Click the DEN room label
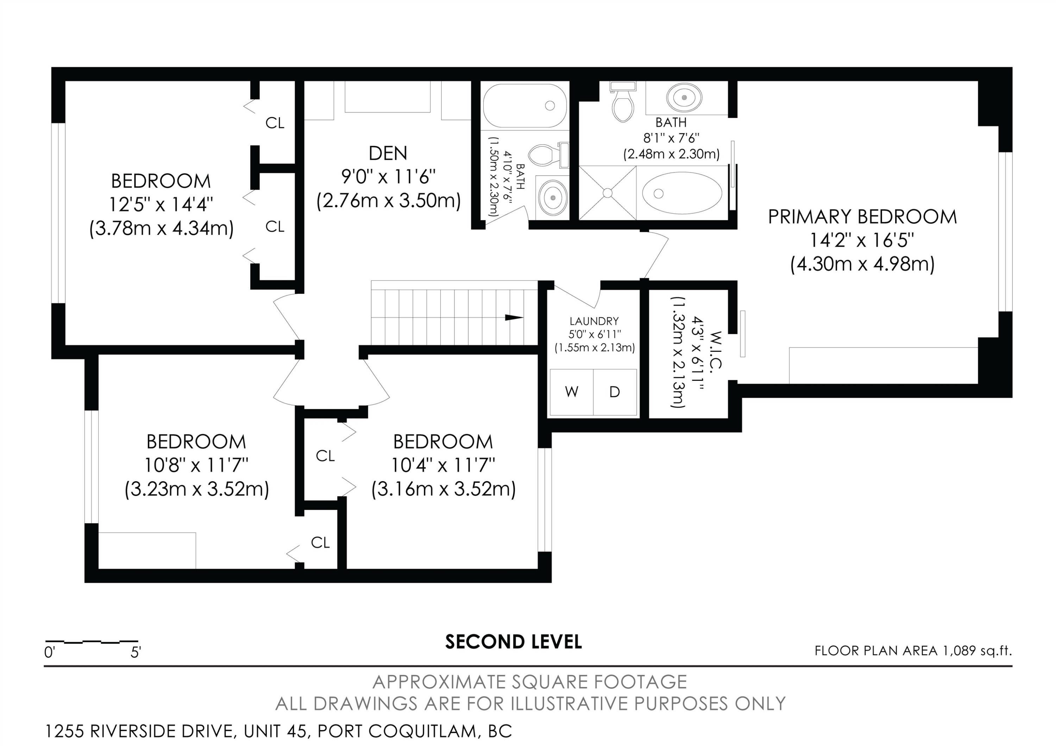388,153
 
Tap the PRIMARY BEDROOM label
862,217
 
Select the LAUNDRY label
594,321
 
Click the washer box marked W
572,392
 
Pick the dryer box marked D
615,392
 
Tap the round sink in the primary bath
684,98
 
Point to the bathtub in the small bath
525,106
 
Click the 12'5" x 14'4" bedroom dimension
161,204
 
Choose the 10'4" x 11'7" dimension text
443,465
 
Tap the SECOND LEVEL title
513,641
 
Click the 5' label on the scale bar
136,652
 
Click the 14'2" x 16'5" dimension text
862,240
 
